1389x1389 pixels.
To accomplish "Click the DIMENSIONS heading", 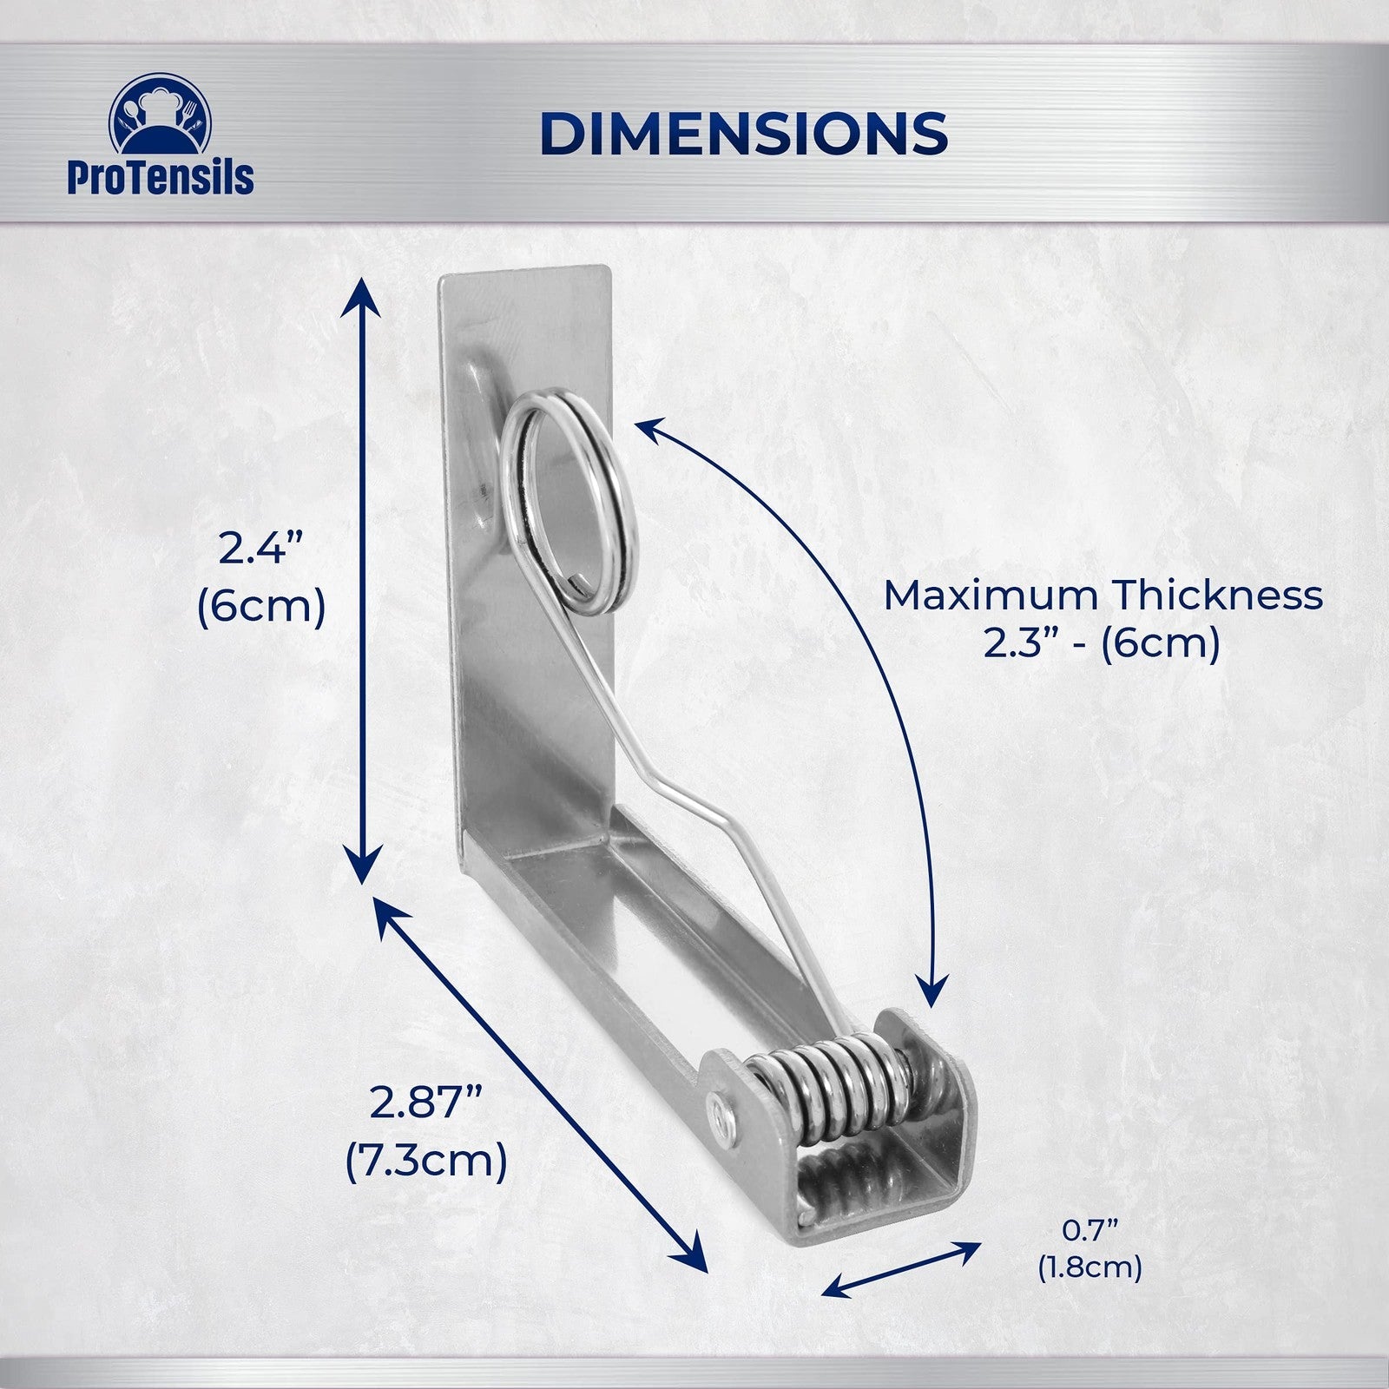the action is click(x=743, y=134).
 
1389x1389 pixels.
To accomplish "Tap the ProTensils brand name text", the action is click(x=161, y=177).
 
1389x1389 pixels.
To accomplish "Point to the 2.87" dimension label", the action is click(x=426, y=1103).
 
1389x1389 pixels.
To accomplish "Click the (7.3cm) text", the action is click(x=426, y=1161).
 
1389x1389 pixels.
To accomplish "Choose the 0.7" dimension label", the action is click(x=1090, y=1229).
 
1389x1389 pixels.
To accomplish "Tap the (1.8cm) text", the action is click(x=1090, y=1267).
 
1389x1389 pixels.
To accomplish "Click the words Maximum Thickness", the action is click(x=1103, y=596).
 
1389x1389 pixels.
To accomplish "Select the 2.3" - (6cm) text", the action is click(x=1103, y=643).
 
